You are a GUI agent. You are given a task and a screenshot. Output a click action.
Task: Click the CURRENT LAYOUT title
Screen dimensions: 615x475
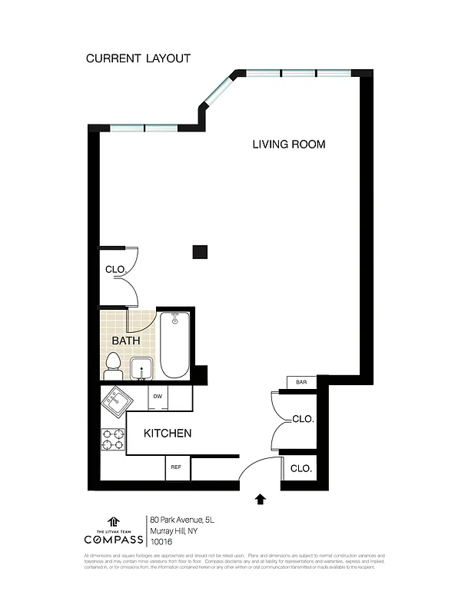pyautogui.click(x=138, y=58)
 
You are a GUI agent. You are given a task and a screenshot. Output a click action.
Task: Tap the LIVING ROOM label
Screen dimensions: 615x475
pyautogui.click(x=289, y=144)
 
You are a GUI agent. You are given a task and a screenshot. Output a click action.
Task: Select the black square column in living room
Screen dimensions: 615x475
pyautogui.click(x=200, y=251)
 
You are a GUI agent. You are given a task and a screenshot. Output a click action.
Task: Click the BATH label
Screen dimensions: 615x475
pyautogui.click(x=126, y=341)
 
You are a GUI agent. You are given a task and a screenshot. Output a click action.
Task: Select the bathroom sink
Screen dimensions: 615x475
pyautogui.click(x=141, y=369)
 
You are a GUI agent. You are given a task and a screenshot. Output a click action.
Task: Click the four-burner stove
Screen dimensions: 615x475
pyautogui.click(x=114, y=439)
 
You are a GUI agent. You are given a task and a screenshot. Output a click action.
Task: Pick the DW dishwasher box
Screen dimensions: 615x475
pyautogui.click(x=158, y=397)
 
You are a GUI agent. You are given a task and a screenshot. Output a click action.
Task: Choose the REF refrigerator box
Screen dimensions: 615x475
pyautogui.click(x=176, y=467)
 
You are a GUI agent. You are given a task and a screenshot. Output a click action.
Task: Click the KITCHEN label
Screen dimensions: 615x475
pyautogui.click(x=168, y=434)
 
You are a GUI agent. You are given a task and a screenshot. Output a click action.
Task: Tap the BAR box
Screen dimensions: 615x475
pyautogui.click(x=301, y=382)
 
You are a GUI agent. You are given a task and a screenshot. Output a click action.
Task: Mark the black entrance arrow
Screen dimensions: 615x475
pyautogui.click(x=260, y=500)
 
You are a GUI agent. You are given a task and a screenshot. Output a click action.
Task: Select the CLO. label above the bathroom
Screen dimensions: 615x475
pyautogui.click(x=115, y=269)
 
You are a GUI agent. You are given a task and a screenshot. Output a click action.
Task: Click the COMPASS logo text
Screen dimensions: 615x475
pyautogui.click(x=113, y=538)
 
